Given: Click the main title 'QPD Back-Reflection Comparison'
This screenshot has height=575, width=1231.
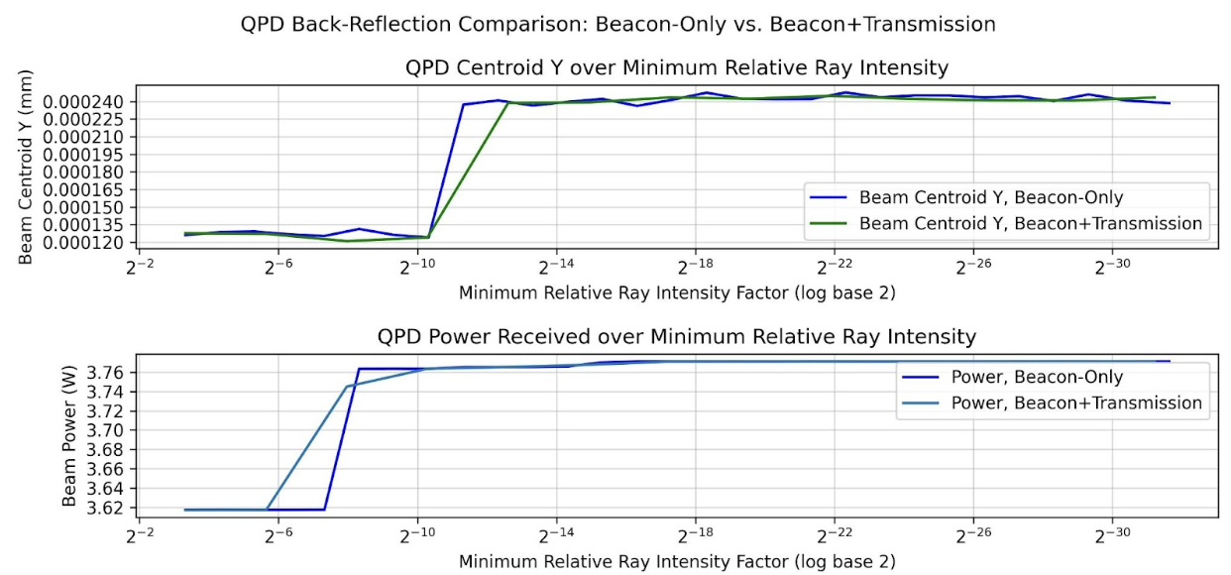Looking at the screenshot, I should click(x=617, y=24).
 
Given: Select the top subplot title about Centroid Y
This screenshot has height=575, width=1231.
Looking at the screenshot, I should click(x=677, y=68).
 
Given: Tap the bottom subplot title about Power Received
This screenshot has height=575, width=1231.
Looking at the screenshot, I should click(x=677, y=337).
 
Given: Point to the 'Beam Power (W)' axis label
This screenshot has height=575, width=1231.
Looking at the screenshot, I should click(x=69, y=436).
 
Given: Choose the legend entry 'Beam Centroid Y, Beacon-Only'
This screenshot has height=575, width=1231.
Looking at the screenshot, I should click(x=991, y=196).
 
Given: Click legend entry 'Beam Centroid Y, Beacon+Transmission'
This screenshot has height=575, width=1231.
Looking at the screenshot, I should click(x=1031, y=223).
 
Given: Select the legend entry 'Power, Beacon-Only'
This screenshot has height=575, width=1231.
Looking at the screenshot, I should click(x=1037, y=377).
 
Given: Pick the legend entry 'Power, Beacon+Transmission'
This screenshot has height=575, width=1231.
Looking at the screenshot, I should click(x=1076, y=402).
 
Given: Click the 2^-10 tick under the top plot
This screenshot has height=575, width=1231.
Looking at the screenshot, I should click(x=417, y=268).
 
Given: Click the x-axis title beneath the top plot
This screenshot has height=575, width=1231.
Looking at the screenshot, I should click(x=677, y=293).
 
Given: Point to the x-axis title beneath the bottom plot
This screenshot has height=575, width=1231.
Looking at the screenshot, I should click(x=677, y=561).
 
